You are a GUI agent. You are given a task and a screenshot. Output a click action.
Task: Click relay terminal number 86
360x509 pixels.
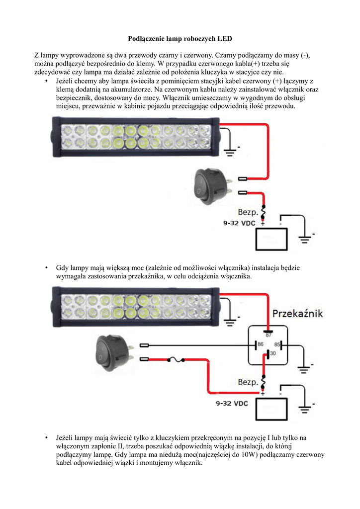tap(260, 344)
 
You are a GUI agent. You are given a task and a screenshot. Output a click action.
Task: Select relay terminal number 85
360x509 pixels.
tap(277, 344)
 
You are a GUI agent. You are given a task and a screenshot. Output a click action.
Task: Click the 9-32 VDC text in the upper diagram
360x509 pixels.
tap(239, 224)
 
